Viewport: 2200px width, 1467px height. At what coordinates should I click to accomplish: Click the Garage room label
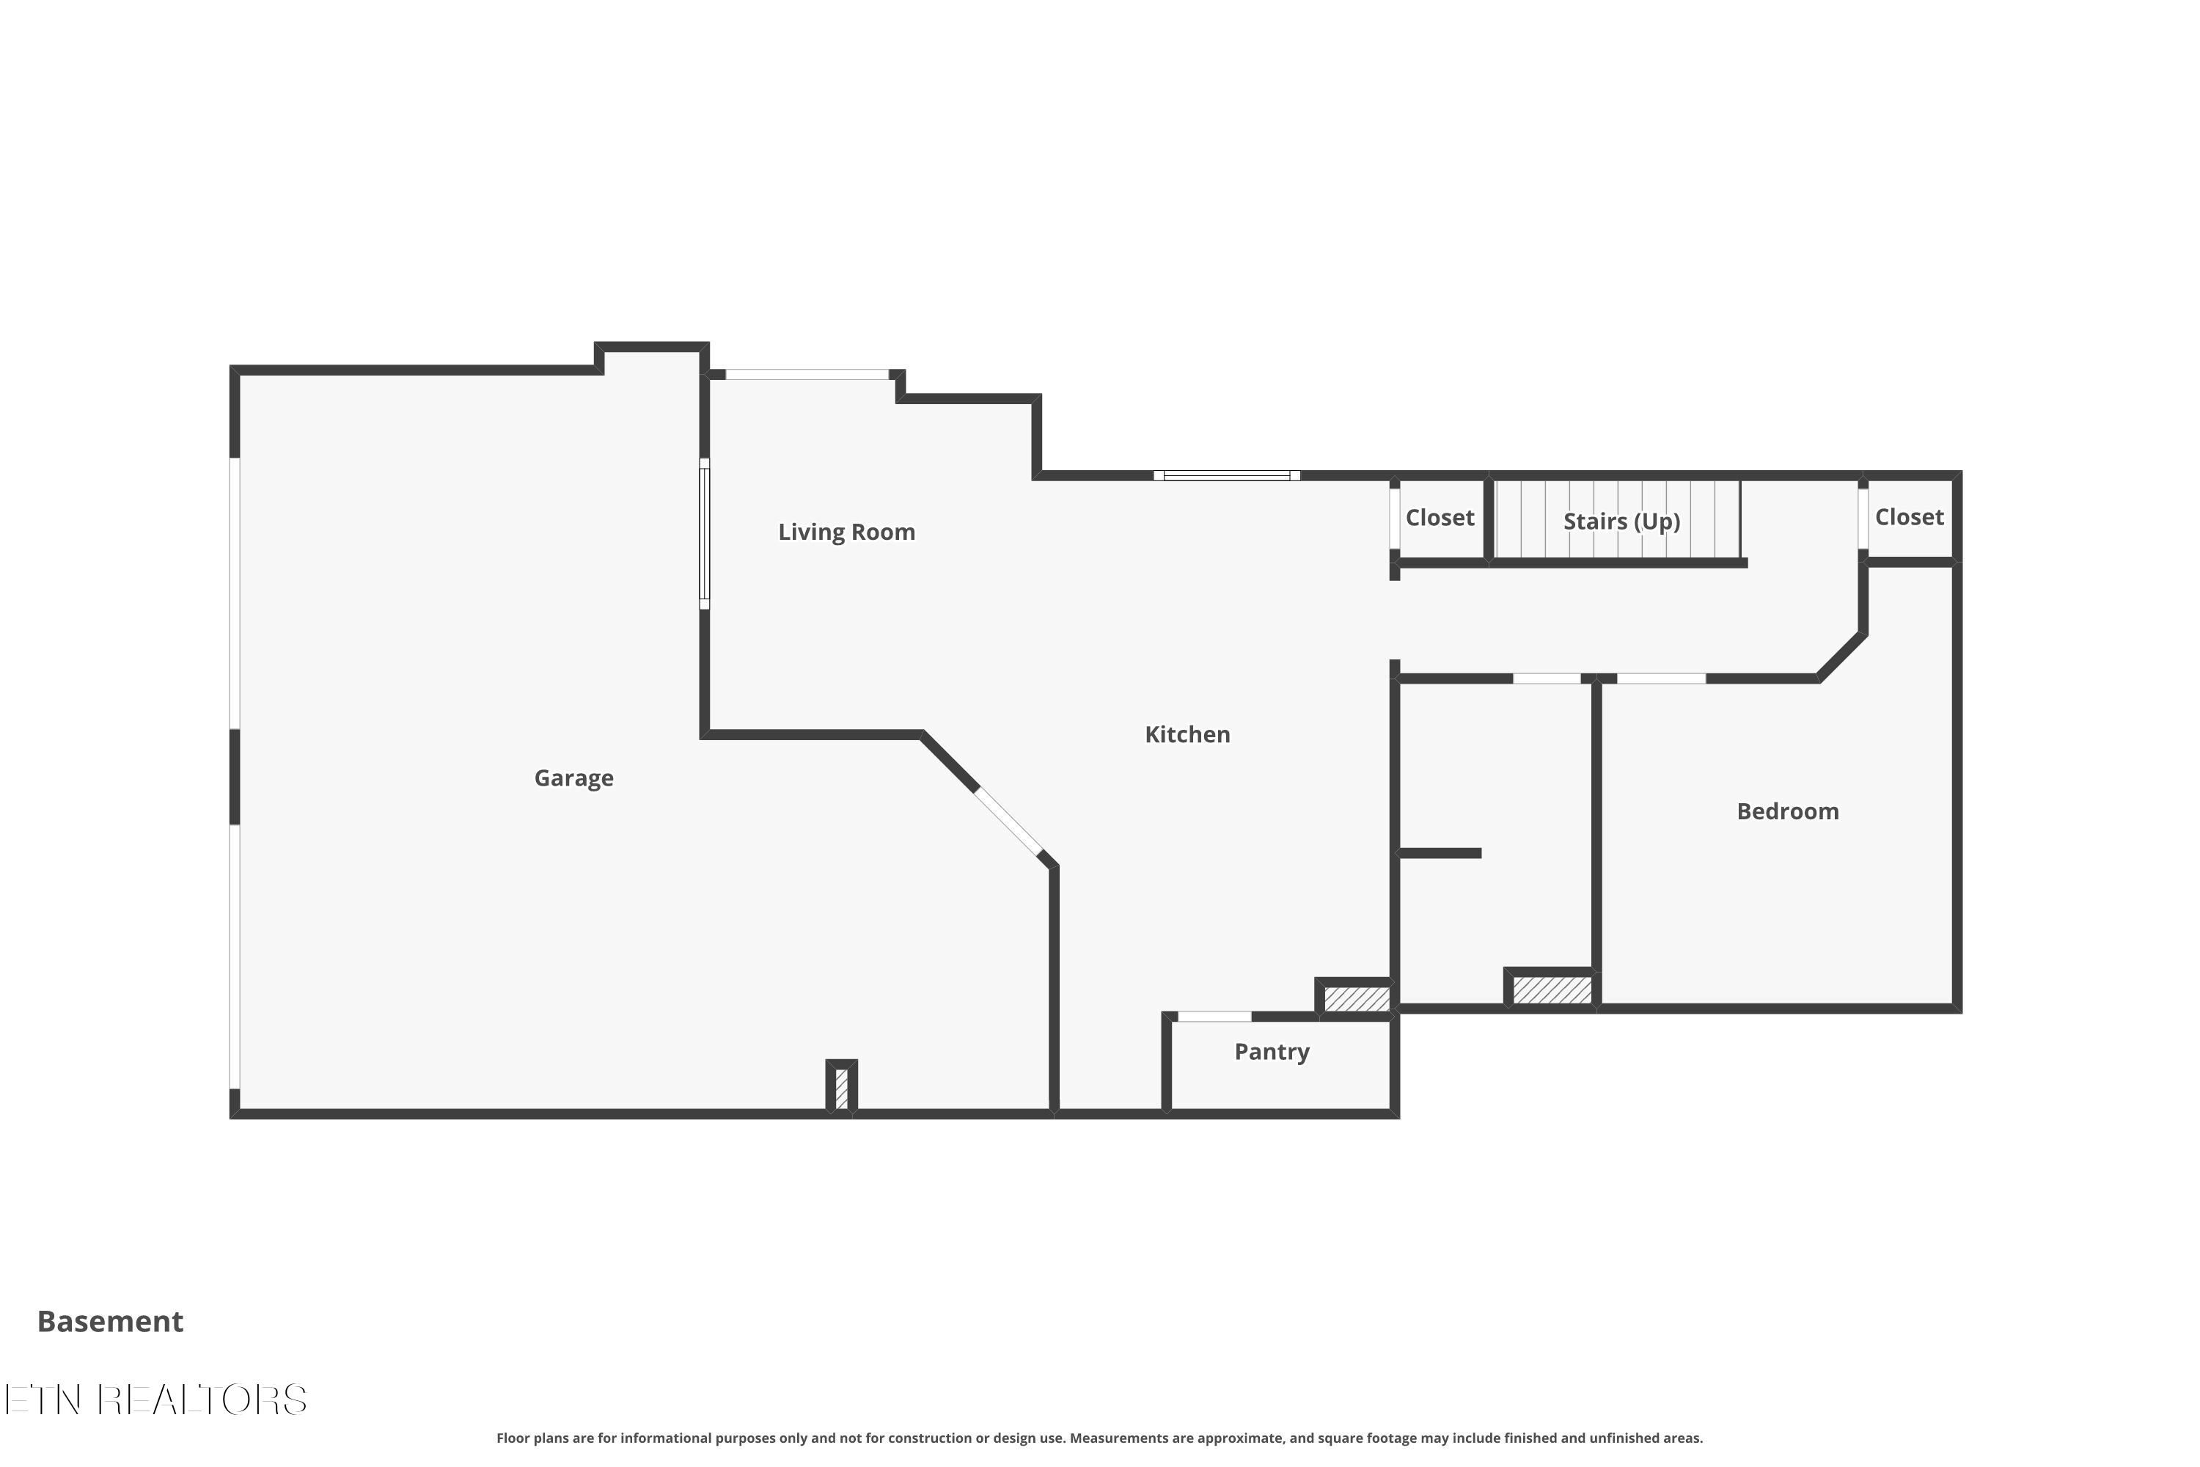573,778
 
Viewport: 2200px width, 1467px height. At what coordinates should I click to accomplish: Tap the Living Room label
846,533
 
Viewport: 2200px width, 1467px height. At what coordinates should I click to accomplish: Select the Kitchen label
1187,734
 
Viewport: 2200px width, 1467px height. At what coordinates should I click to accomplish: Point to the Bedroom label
1788,811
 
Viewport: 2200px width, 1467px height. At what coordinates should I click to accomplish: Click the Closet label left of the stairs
1440,517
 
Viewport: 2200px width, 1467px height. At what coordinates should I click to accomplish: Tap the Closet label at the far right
1909,516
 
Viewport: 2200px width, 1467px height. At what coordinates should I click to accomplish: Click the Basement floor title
111,1321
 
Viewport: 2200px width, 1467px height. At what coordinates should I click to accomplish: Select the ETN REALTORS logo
155,1400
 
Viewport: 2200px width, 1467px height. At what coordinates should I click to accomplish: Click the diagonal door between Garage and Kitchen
1008,822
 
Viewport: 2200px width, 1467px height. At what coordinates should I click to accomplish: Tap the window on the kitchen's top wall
1226,475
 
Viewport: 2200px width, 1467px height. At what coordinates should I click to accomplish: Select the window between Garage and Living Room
704,534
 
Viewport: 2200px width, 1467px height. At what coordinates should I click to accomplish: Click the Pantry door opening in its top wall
1214,1016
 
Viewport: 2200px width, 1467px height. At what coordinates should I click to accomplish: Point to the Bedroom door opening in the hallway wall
1661,678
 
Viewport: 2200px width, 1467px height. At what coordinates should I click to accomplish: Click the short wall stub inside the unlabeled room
1440,853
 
